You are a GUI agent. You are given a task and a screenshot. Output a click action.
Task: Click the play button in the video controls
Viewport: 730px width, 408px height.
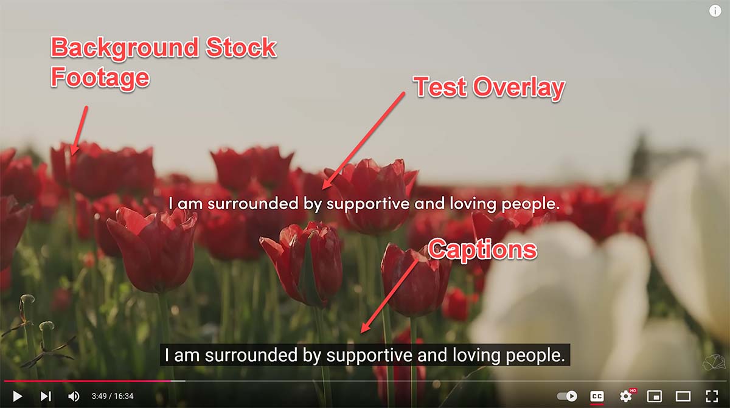[18, 396]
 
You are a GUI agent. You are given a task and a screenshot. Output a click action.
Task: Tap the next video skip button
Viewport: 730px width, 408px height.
[46, 396]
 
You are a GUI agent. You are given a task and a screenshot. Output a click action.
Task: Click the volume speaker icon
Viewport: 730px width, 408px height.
[74, 396]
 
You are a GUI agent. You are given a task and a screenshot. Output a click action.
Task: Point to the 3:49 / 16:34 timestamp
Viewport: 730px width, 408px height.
[113, 396]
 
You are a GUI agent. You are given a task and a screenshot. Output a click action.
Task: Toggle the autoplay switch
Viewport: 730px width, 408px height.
[567, 396]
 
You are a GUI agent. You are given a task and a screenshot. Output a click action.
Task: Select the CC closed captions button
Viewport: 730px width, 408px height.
[597, 396]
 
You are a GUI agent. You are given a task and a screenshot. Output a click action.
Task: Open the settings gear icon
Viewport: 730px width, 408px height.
[626, 396]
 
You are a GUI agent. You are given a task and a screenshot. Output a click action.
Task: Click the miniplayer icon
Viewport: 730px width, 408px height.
[655, 396]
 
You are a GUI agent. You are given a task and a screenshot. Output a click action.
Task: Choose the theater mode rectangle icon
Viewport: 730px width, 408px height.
[683, 396]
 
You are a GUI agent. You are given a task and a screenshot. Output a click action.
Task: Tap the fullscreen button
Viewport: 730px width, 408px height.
[712, 396]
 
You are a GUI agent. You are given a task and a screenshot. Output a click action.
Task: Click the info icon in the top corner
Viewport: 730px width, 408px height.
[715, 11]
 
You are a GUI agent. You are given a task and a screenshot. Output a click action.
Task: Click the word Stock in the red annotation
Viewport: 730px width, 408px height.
[241, 47]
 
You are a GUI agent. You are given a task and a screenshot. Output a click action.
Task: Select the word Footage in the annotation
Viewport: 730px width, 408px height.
[100, 77]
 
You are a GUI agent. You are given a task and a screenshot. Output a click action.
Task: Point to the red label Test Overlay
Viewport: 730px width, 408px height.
[489, 88]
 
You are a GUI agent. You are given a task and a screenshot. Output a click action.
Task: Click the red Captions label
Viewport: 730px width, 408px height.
[482, 250]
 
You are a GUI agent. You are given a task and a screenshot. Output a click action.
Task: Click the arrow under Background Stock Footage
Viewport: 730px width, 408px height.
[79, 130]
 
